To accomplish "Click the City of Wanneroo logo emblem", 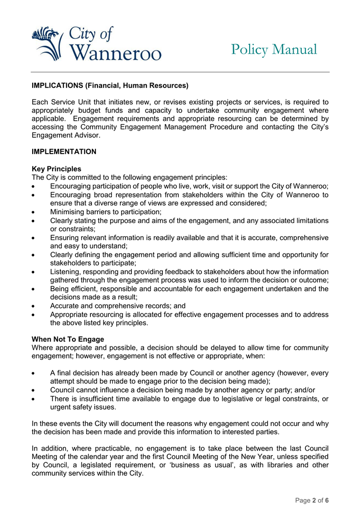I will point(49,43).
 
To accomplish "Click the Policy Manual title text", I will point(274,49).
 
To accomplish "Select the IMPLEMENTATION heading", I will point(64,152).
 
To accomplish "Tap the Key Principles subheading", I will point(56,169).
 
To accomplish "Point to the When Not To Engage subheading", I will point(68,339).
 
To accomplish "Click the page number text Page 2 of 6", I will point(311,500).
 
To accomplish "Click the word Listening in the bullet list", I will point(65,271).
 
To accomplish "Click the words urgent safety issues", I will point(83,407).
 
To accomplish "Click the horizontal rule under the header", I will point(180,72).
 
